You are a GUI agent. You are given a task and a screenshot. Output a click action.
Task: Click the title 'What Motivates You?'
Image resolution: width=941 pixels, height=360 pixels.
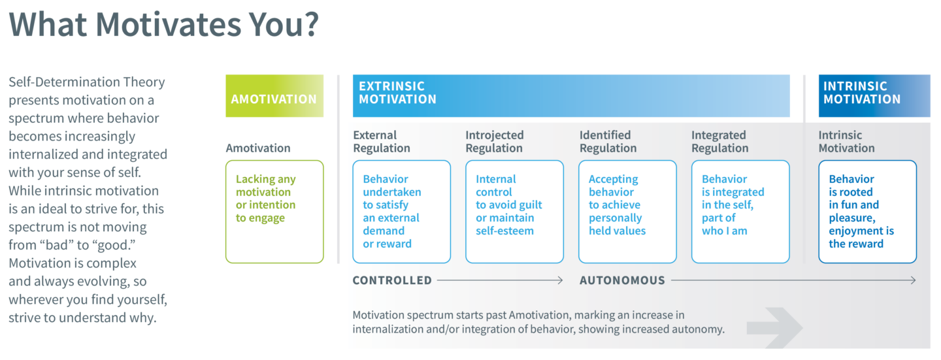(x=164, y=24)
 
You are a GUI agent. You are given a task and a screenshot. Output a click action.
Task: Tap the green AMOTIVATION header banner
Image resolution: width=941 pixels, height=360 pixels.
(x=274, y=96)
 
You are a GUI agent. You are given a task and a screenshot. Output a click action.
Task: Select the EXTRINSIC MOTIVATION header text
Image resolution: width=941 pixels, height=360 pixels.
(x=397, y=92)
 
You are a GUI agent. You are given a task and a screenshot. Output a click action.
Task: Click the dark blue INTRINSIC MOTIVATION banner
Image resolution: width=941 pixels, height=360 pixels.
(x=874, y=96)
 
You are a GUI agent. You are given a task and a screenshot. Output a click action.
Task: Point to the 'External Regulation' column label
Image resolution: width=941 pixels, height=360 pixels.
(x=382, y=142)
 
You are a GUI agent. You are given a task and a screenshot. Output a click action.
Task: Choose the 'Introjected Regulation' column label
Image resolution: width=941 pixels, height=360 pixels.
(x=495, y=142)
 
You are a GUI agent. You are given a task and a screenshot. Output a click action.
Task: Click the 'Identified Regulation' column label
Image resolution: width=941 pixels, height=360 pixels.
(x=608, y=142)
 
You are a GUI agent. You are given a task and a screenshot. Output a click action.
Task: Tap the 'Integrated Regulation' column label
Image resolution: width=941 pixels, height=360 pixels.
(x=720, y=142)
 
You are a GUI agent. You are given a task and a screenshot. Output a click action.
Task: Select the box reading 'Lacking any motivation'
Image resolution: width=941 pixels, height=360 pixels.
(x=274, y=212)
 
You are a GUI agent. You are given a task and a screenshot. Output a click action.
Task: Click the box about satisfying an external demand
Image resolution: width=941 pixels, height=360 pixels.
(x=402, y=212)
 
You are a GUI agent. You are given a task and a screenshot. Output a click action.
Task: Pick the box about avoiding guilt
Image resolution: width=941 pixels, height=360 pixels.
(x=515, y=212)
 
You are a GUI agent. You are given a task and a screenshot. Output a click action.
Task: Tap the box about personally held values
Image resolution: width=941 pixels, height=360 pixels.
(x=627, y=212)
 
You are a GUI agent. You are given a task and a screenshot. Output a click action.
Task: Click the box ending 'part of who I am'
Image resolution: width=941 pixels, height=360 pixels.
(x=740, y=212)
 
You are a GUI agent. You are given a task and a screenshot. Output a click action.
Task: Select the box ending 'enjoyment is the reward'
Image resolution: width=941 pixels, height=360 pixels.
(x=868, y=212)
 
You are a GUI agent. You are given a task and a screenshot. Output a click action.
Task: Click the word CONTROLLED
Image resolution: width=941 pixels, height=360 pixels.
(x=392, y=280)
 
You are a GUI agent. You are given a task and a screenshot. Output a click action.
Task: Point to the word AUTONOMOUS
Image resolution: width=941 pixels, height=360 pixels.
(x=622, y=280)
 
